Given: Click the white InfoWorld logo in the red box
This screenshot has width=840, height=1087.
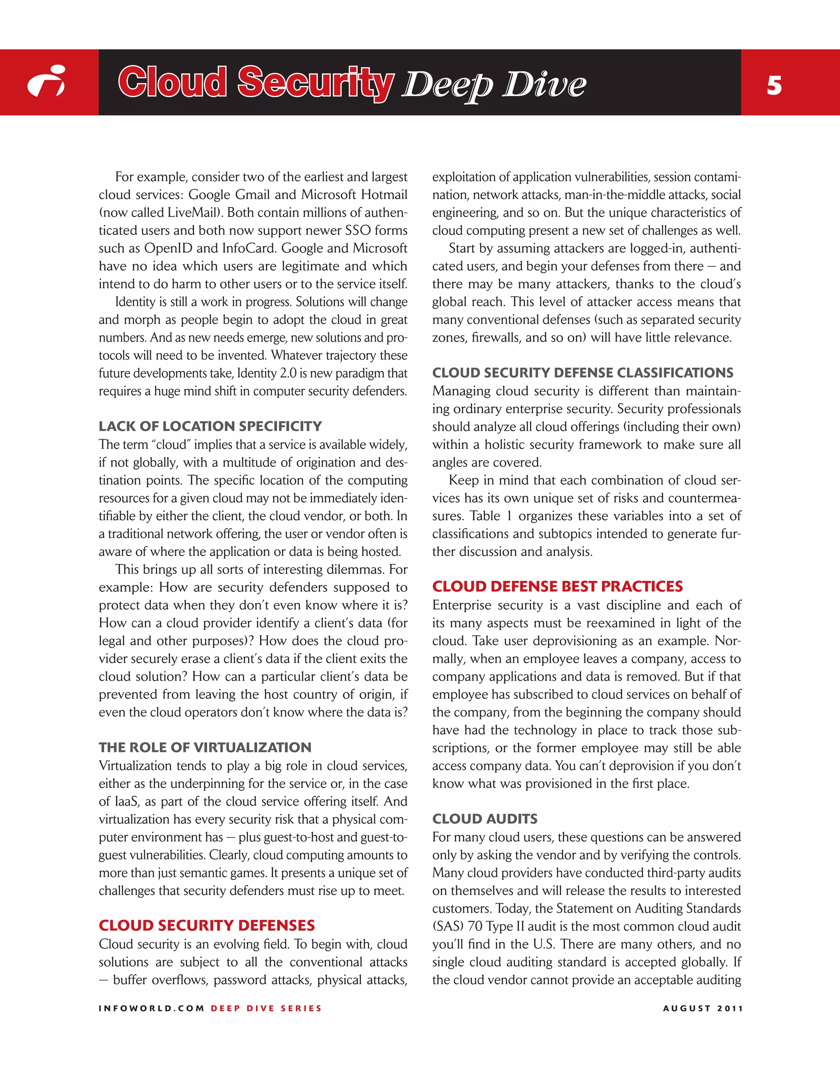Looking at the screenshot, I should click(46, 81).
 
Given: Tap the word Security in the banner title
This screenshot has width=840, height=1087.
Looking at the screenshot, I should click(315, 82).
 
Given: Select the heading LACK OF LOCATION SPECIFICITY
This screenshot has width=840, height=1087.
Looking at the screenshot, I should click(210, 427).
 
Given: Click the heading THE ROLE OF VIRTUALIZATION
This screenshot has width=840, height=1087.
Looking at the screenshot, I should click(205, 747).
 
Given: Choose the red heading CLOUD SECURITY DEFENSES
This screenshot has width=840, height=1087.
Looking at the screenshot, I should click(207, 926).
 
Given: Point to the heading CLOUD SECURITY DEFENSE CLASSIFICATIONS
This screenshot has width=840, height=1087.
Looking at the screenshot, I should click(583, 373).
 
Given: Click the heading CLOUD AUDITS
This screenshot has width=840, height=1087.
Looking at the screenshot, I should click(485, 819).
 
